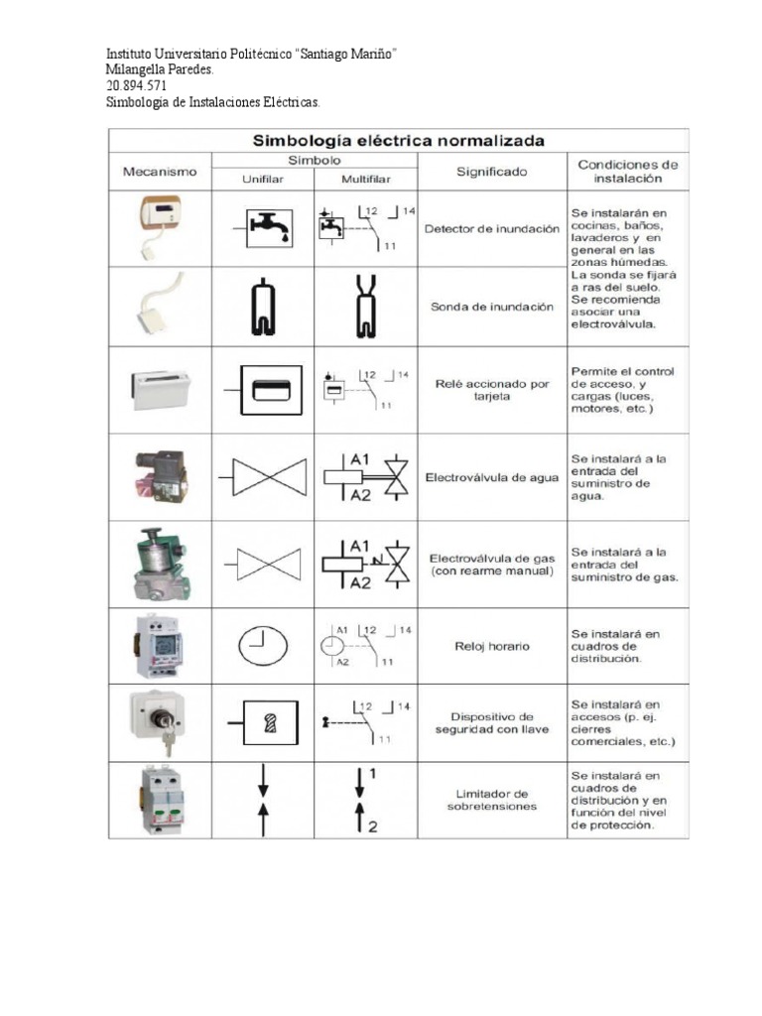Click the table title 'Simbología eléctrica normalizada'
click(x=398, y=140)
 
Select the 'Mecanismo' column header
click(x=160, y=171)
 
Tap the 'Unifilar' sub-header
click(x=262, y=179)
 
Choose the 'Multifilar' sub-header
click(x=365, y=179)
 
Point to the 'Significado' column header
click(x=491, y=171)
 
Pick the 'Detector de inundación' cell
click(x=491, y=228)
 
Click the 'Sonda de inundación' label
click(x=491, y=308)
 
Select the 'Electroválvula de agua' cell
click(x=491, y=477)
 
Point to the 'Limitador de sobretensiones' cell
click(x=491, y=800)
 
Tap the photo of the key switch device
click(x=159, y=722)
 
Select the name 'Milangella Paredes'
click(x=158, y=70)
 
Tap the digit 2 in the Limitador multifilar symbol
click(x=373, y=826)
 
